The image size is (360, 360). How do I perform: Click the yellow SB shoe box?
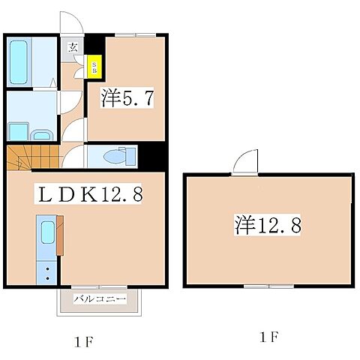[94, 68]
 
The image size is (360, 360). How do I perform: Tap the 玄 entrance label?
[73, 47]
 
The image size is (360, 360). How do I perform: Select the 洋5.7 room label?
[127, 97]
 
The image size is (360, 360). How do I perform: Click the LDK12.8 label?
[89, 195]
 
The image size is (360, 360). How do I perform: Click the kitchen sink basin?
[46, 235]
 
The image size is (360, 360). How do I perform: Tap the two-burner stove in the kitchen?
[47, 272]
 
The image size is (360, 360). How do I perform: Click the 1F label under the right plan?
[269, 337]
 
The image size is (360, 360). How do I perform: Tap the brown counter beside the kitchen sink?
[59, 240]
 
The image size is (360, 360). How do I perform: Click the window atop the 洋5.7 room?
[136, 34]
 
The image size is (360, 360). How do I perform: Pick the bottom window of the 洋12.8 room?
[269, 286]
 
